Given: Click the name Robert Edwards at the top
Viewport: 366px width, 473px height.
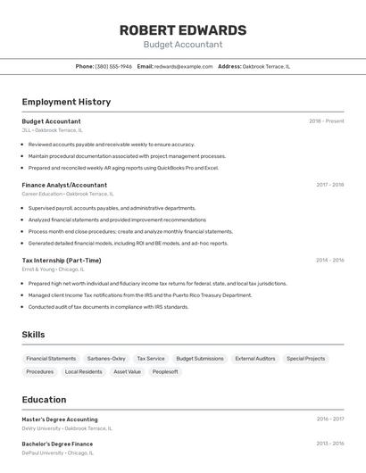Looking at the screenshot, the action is (x=182, y=29).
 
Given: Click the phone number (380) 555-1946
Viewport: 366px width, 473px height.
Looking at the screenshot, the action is (x=113, y=66).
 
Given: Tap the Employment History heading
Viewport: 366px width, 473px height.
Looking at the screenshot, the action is (x=66, y=102).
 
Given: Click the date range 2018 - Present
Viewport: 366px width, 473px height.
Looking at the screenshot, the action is (x=326, y=120).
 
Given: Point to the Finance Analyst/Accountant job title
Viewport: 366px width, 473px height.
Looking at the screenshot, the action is (x=64, y=185).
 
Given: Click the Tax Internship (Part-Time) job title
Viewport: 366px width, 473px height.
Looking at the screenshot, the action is (x=62, y=261).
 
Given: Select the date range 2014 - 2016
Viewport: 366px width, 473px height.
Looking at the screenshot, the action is (x=329, y=261).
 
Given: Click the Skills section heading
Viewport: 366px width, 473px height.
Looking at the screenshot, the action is (x=33, y=335).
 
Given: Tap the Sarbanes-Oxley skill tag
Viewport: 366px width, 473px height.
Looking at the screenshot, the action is (x=106, y=358).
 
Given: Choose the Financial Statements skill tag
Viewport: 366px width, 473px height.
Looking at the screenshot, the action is (x=51, y=358).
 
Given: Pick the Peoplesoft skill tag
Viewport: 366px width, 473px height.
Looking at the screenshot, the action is (x=165, y=371).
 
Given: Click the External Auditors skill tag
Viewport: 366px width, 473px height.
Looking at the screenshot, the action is (x=254, y=358).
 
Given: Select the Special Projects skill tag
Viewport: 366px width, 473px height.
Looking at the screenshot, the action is (x=305, y=358).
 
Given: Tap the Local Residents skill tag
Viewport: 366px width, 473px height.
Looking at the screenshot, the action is (x=83, y=371).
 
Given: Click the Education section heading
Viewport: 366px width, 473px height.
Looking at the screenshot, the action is (x=44, y=400).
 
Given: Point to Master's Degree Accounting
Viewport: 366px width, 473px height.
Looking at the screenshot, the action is (x=60, y=419).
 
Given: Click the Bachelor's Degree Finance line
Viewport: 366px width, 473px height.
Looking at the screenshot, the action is (x=57, y=444).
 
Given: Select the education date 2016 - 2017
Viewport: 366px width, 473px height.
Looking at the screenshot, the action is (x=329, y=419).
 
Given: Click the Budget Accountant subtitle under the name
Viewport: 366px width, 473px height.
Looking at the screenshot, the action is (x=182, y=45).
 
